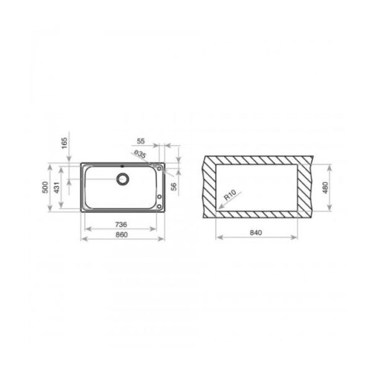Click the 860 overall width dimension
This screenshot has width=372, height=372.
(x=121, y=234)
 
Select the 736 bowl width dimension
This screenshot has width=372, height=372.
(x=121, y=225)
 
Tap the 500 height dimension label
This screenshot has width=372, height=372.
(x=45, y=187)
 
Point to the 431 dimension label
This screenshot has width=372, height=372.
(x=57, y=187)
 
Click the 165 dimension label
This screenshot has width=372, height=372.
(x=64, y=143)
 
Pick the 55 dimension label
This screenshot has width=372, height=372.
(x=141, y=141)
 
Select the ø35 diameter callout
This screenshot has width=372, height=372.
(x=140, y=154)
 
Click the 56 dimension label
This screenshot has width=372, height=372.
(x=174, y=187)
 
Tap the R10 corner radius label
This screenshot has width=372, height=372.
(x=230, y=195)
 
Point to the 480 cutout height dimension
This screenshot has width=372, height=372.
(x=326, y=187)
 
